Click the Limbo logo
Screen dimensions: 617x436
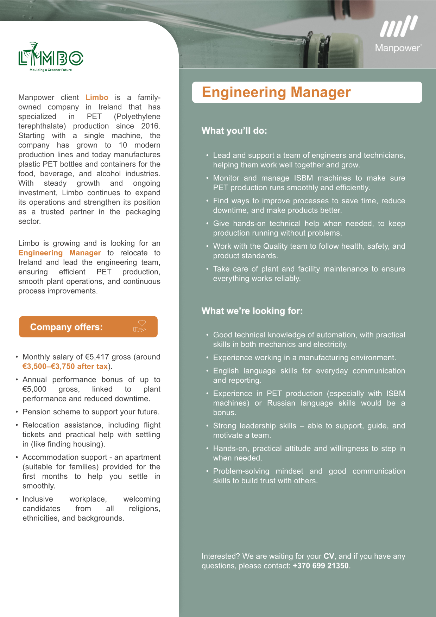[51, 56]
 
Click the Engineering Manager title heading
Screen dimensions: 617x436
[276, 92]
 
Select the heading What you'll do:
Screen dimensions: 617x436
[234, 131]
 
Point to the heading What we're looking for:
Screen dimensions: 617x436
[252, 311]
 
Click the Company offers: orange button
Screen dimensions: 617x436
[88, 327]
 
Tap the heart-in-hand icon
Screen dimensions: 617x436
[140, 326]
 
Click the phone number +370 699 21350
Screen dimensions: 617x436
[321, 566]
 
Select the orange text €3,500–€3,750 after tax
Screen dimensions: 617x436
[65, 367]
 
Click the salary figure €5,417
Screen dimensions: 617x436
[97, 357]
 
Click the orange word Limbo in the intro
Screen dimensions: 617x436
[97, 97]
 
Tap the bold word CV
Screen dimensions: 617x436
[329, 556]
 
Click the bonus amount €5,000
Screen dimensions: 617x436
[34, 389]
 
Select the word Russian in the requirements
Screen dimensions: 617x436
[281, 403]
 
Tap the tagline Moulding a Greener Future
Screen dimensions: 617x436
[51, 70]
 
